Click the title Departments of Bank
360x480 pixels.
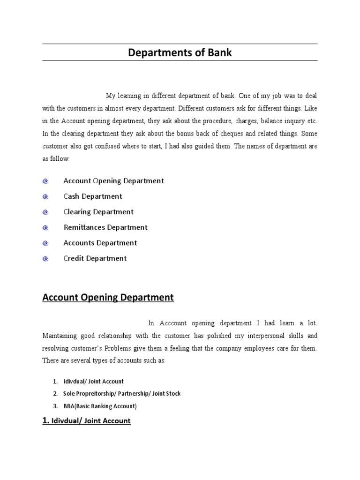point(180,53)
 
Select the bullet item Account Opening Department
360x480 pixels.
point(113,181)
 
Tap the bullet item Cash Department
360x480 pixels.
point(93,196)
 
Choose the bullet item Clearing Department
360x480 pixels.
point(98,212)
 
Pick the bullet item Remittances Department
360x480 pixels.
point(105,227)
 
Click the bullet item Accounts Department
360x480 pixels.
point(100,243)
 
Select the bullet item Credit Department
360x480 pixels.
point(95,258)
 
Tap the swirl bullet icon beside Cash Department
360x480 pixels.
point(45,197)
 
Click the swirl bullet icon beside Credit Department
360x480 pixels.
point(45,259)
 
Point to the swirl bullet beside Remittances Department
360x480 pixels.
point(45,228)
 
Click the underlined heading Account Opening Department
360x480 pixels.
point(108,297)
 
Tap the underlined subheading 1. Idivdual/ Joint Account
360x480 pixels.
point(87,421)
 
